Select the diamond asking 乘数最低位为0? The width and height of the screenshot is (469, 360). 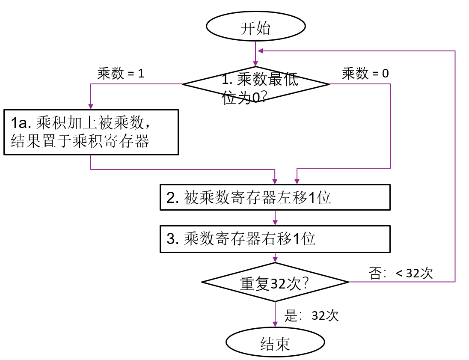(256, 84)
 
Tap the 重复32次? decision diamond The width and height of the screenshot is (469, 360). (275, 283)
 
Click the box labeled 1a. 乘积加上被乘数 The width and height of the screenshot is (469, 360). (91, 132)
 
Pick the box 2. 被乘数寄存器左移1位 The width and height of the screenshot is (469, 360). (275, 197)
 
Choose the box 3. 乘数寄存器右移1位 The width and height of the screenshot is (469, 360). (275, 238)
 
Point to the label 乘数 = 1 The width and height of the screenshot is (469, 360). (121, 74)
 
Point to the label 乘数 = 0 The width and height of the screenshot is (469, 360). (365, 74)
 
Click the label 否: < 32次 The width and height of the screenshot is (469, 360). (401, 273)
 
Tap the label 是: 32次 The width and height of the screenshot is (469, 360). (312, 316)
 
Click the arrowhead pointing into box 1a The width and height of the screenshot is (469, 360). (91, 107)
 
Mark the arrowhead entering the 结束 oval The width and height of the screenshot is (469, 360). (275, 327)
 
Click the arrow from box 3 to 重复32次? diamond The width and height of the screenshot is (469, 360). (275, 259)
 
